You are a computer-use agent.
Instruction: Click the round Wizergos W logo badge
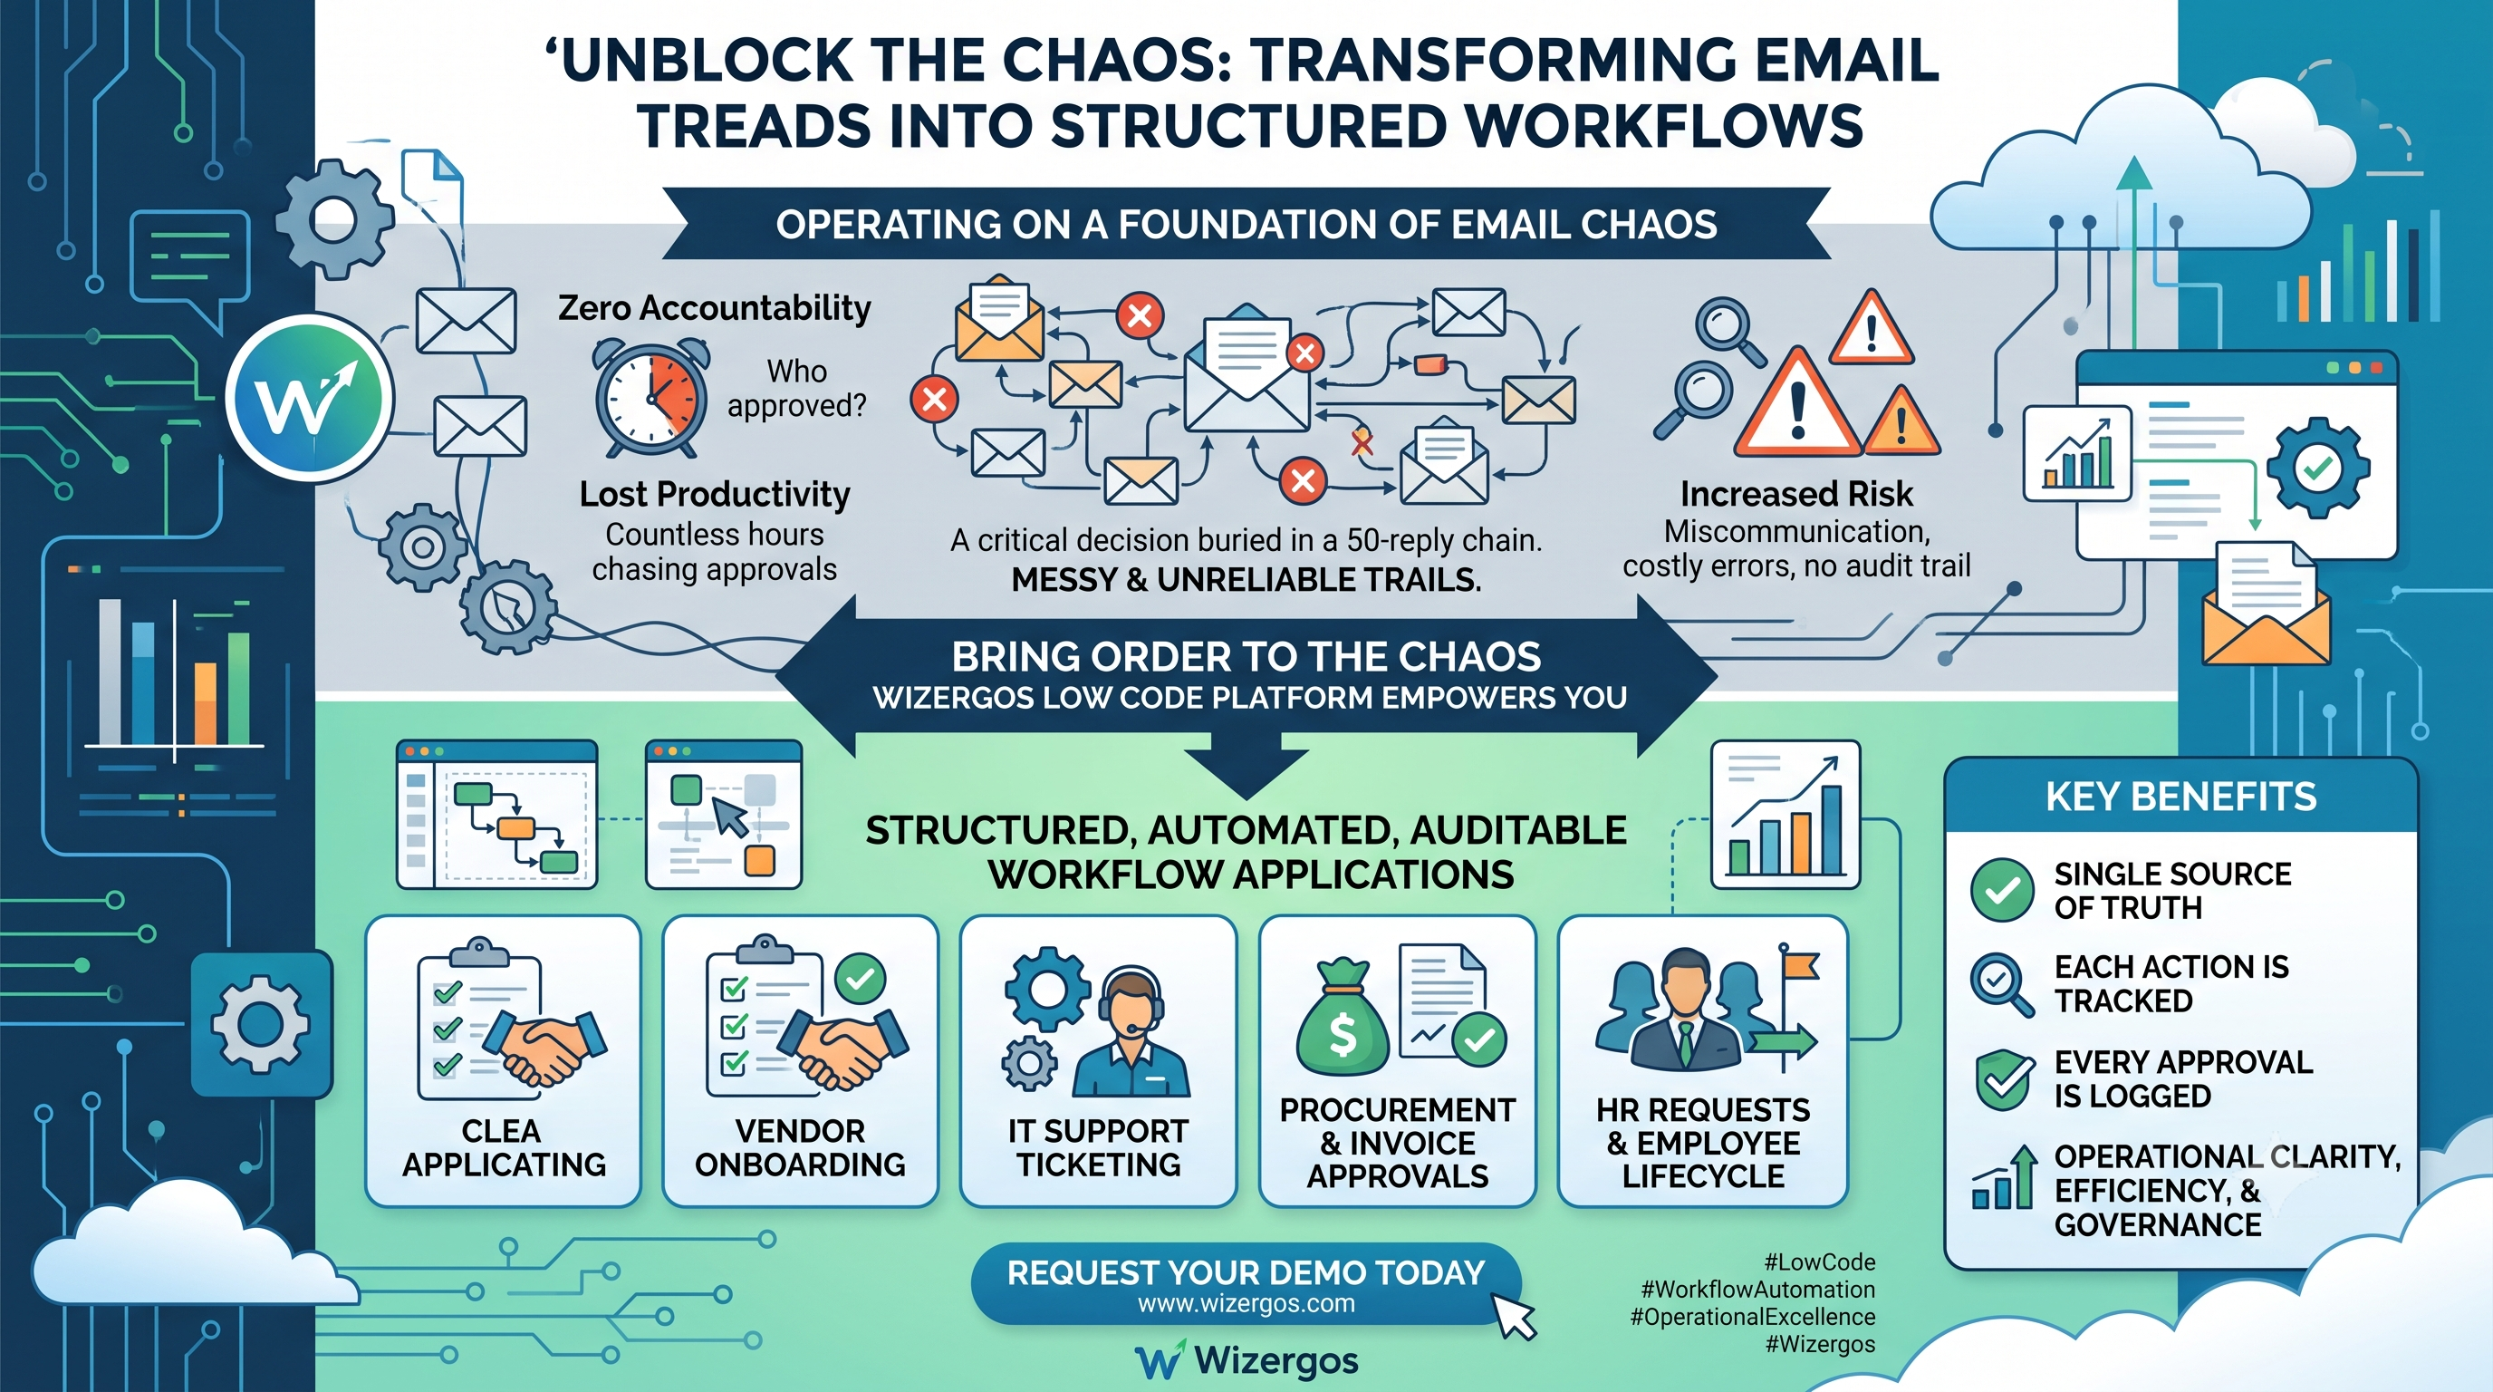310,398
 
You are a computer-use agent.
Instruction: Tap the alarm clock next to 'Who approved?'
651,397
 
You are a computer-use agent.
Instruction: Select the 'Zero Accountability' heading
714,308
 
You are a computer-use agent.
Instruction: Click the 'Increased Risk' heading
1796,494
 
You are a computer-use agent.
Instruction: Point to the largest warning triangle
1797,404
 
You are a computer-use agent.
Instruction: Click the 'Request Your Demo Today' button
1246,1283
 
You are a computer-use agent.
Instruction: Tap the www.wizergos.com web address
1246,1304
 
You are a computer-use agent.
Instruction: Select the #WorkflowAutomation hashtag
1757,1290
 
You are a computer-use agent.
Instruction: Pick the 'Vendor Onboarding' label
801,1147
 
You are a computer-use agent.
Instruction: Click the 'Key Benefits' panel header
2180,797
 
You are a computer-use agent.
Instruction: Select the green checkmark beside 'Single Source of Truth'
2001,890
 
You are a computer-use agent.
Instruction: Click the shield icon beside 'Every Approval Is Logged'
2003,1078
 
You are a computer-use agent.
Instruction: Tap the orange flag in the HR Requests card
1800,967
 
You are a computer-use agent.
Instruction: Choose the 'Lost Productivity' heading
714,494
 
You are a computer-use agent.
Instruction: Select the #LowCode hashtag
1819,1262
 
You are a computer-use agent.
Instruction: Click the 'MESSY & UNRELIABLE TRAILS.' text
1246,579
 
